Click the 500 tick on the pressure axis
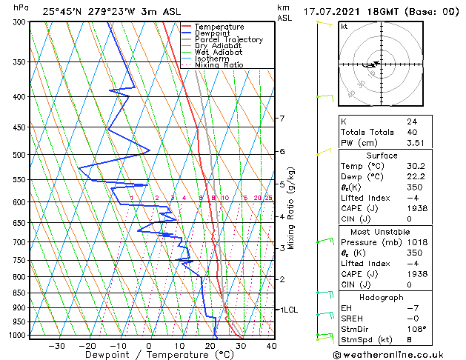coord(16,155)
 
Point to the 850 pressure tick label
coord(16,293)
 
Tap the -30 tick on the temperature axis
coord(56,345)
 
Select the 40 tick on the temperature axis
coord(271,345)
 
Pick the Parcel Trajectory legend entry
coord(228,40)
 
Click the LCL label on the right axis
coord(290,310)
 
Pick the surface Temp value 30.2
coord(416,166)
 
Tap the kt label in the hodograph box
coord(344,27)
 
